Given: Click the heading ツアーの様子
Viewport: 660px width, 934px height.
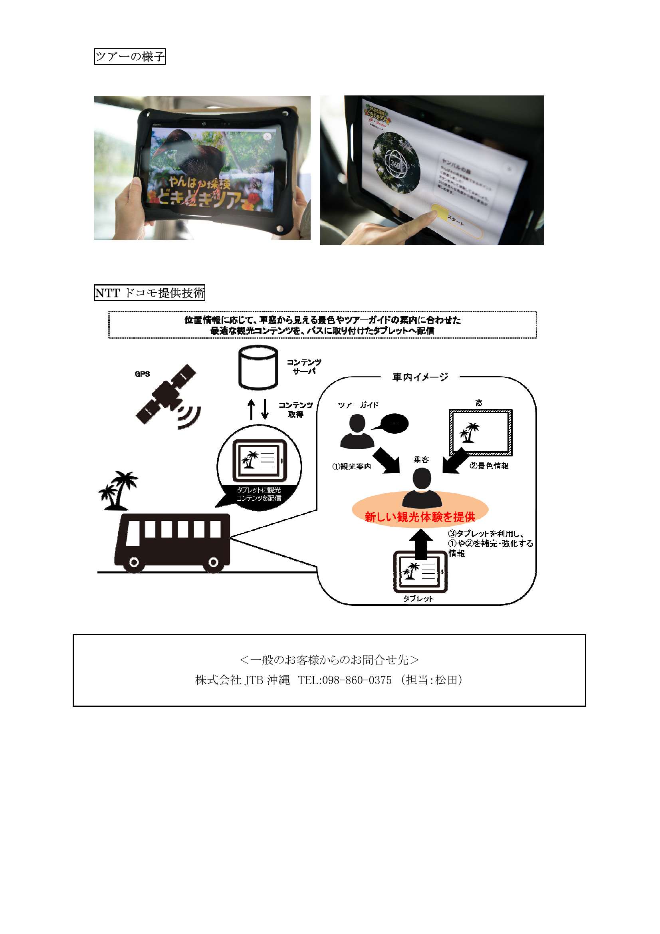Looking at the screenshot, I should (130, 56).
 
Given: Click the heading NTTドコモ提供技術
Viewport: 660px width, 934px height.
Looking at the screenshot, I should (150, 293).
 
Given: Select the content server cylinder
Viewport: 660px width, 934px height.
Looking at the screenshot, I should (258, 368).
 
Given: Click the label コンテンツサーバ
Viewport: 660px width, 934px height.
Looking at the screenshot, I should (304, 367).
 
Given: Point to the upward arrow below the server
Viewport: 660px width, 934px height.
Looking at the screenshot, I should (252, 409).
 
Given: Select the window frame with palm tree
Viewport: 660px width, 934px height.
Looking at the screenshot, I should (480, 432).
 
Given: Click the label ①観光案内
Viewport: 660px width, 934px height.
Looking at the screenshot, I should (352, 466).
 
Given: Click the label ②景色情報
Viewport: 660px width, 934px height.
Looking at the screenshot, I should (489, 466).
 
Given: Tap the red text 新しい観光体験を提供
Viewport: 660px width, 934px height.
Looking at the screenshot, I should (420, 517).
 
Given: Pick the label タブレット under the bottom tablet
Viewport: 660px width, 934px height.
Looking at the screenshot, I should (418, 599).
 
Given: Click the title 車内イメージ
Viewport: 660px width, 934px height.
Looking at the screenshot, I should (420, 377).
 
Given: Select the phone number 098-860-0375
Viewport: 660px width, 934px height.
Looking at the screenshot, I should (357, 680).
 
